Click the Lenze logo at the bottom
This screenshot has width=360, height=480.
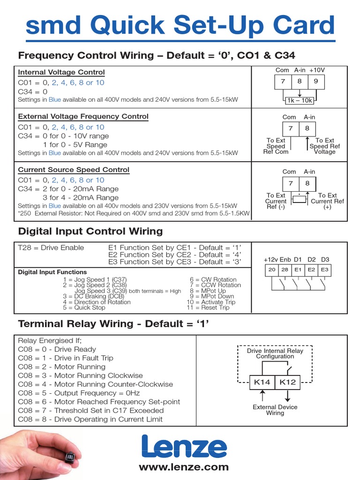click(183, 446)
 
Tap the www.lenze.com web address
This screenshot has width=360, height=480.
click(183, 467)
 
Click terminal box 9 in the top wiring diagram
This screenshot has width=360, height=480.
click(315, 82)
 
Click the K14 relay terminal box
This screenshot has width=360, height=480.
click(262, 382)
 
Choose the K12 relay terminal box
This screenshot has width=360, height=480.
click(287, 382)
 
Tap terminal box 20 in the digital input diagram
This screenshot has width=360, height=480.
click(272, 270)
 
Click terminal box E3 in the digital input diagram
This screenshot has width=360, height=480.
click(324, 270)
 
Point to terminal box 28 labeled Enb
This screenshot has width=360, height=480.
click(285, 270)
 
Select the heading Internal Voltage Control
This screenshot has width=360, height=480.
click(61, 72)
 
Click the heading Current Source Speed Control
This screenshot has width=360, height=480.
click(73, 170)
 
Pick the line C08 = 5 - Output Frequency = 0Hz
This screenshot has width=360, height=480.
click(79, 393)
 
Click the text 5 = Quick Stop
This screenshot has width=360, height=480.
click(84, 307)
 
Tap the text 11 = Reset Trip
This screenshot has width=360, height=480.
click(208, 307)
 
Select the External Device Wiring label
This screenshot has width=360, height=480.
click(275, 410)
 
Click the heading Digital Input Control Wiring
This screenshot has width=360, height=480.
click(90, 231)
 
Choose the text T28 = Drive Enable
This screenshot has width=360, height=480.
click(51, 247)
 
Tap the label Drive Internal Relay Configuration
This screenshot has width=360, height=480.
click(275, 353)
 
